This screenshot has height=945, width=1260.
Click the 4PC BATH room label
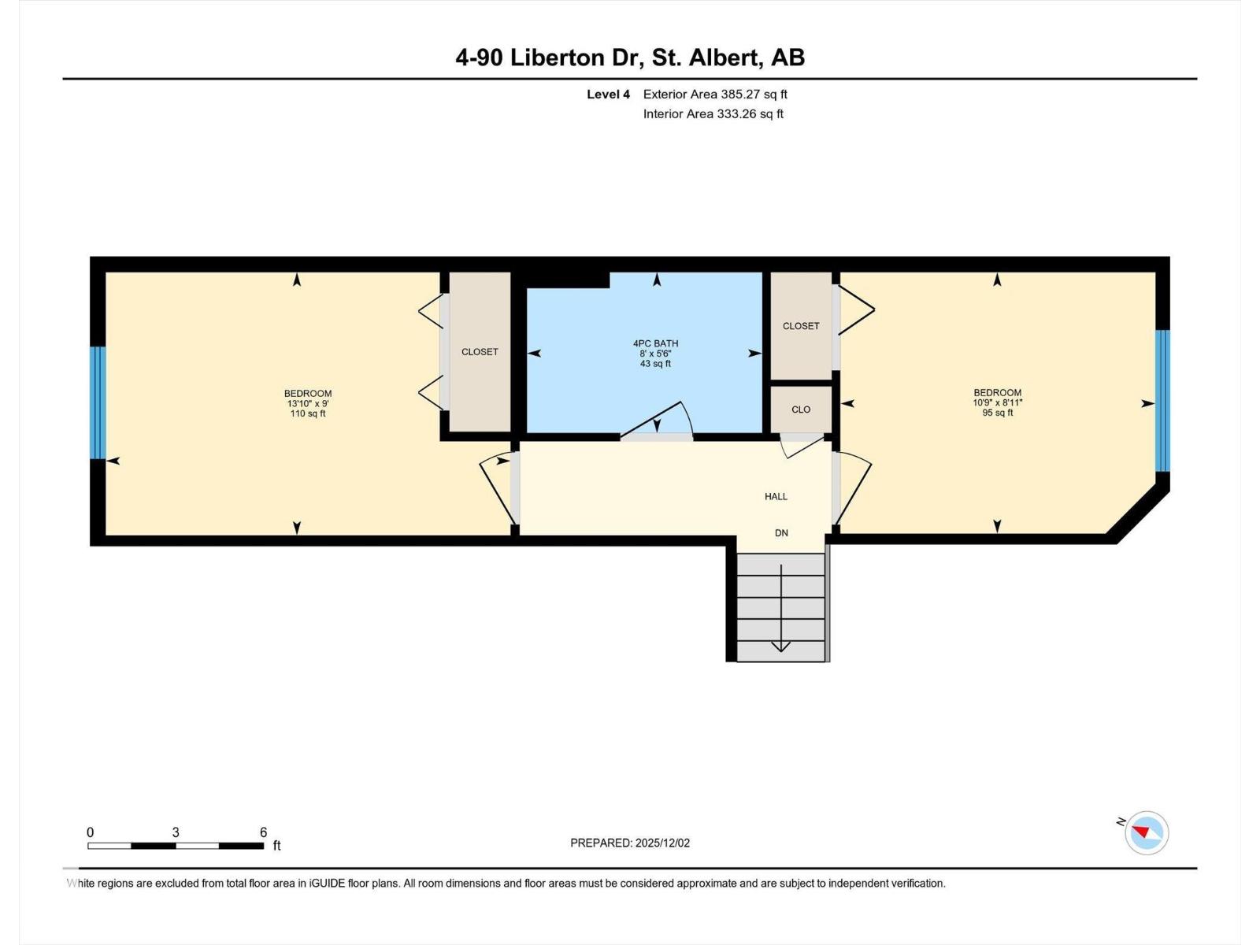(655, 343)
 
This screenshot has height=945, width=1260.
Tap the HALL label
(776, 496)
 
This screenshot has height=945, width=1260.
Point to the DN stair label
(781, 533)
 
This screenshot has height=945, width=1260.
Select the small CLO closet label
(801, 409)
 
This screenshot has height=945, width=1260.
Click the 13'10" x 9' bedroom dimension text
(308, 403)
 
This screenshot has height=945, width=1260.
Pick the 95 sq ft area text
(997, 413)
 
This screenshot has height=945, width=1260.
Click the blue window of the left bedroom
(98, 402)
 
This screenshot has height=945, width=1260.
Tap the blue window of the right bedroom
(1162, 401)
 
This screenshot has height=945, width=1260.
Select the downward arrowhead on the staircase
(780, 647)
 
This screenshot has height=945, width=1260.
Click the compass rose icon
(1147, 832)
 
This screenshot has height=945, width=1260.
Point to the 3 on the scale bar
(176, 832)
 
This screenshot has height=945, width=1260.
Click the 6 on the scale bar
(264, 832)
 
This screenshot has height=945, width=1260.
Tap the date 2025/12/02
(662, 843)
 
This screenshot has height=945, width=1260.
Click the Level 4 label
(608, 94)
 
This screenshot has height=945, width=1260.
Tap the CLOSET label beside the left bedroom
(480, 352)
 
